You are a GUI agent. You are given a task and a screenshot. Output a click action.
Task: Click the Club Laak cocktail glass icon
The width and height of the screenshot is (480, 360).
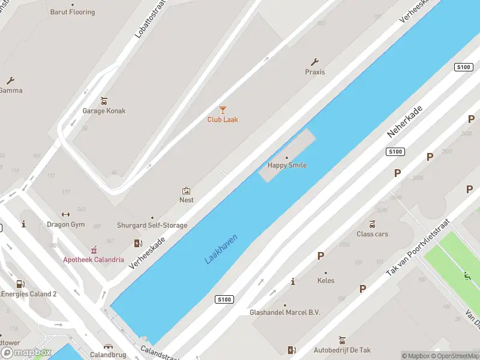tap(223, 110)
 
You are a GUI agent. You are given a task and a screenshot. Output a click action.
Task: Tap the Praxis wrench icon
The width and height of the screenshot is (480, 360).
tap(314, 62)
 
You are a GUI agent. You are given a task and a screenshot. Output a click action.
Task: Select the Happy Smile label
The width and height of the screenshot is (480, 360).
tap(287, 165)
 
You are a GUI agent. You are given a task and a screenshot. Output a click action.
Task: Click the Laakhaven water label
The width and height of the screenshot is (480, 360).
tap(221, 249)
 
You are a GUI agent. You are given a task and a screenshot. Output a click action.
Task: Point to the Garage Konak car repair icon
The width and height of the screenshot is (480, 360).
tap(104, 101)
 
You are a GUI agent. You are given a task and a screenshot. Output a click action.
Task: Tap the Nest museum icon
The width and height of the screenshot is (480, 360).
tap(186, 190)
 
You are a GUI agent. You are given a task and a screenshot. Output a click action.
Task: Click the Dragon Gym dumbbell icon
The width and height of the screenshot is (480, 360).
tap(66, 215)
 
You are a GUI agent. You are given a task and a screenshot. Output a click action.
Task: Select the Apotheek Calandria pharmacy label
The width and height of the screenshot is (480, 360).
tap(94, 260)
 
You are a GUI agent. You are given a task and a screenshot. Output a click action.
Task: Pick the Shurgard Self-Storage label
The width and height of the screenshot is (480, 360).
tap(152, 226)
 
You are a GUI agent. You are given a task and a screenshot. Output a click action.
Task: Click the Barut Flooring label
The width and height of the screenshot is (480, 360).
tap(73, 12)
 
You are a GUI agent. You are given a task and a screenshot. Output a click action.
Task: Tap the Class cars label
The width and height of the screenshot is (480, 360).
tap(372, 234)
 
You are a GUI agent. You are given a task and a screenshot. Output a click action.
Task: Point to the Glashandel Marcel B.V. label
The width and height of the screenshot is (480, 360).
tap(285, 313)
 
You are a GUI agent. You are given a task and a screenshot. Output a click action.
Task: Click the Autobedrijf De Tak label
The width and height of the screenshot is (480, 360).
tap(342, 350)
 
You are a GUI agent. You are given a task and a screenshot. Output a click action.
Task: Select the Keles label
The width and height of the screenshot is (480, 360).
tap(326, 280)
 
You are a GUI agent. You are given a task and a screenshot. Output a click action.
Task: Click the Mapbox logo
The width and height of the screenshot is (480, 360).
tap(26, 353)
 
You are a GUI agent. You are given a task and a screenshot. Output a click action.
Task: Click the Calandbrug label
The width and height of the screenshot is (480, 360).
tap(107, 355)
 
